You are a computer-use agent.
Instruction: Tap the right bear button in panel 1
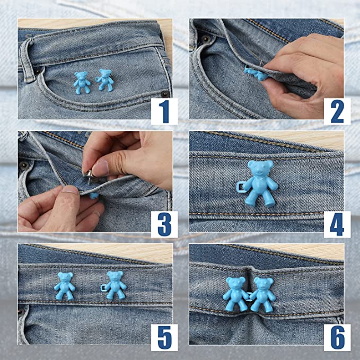coord(104,80)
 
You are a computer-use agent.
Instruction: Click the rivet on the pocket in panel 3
coord(24,165)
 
